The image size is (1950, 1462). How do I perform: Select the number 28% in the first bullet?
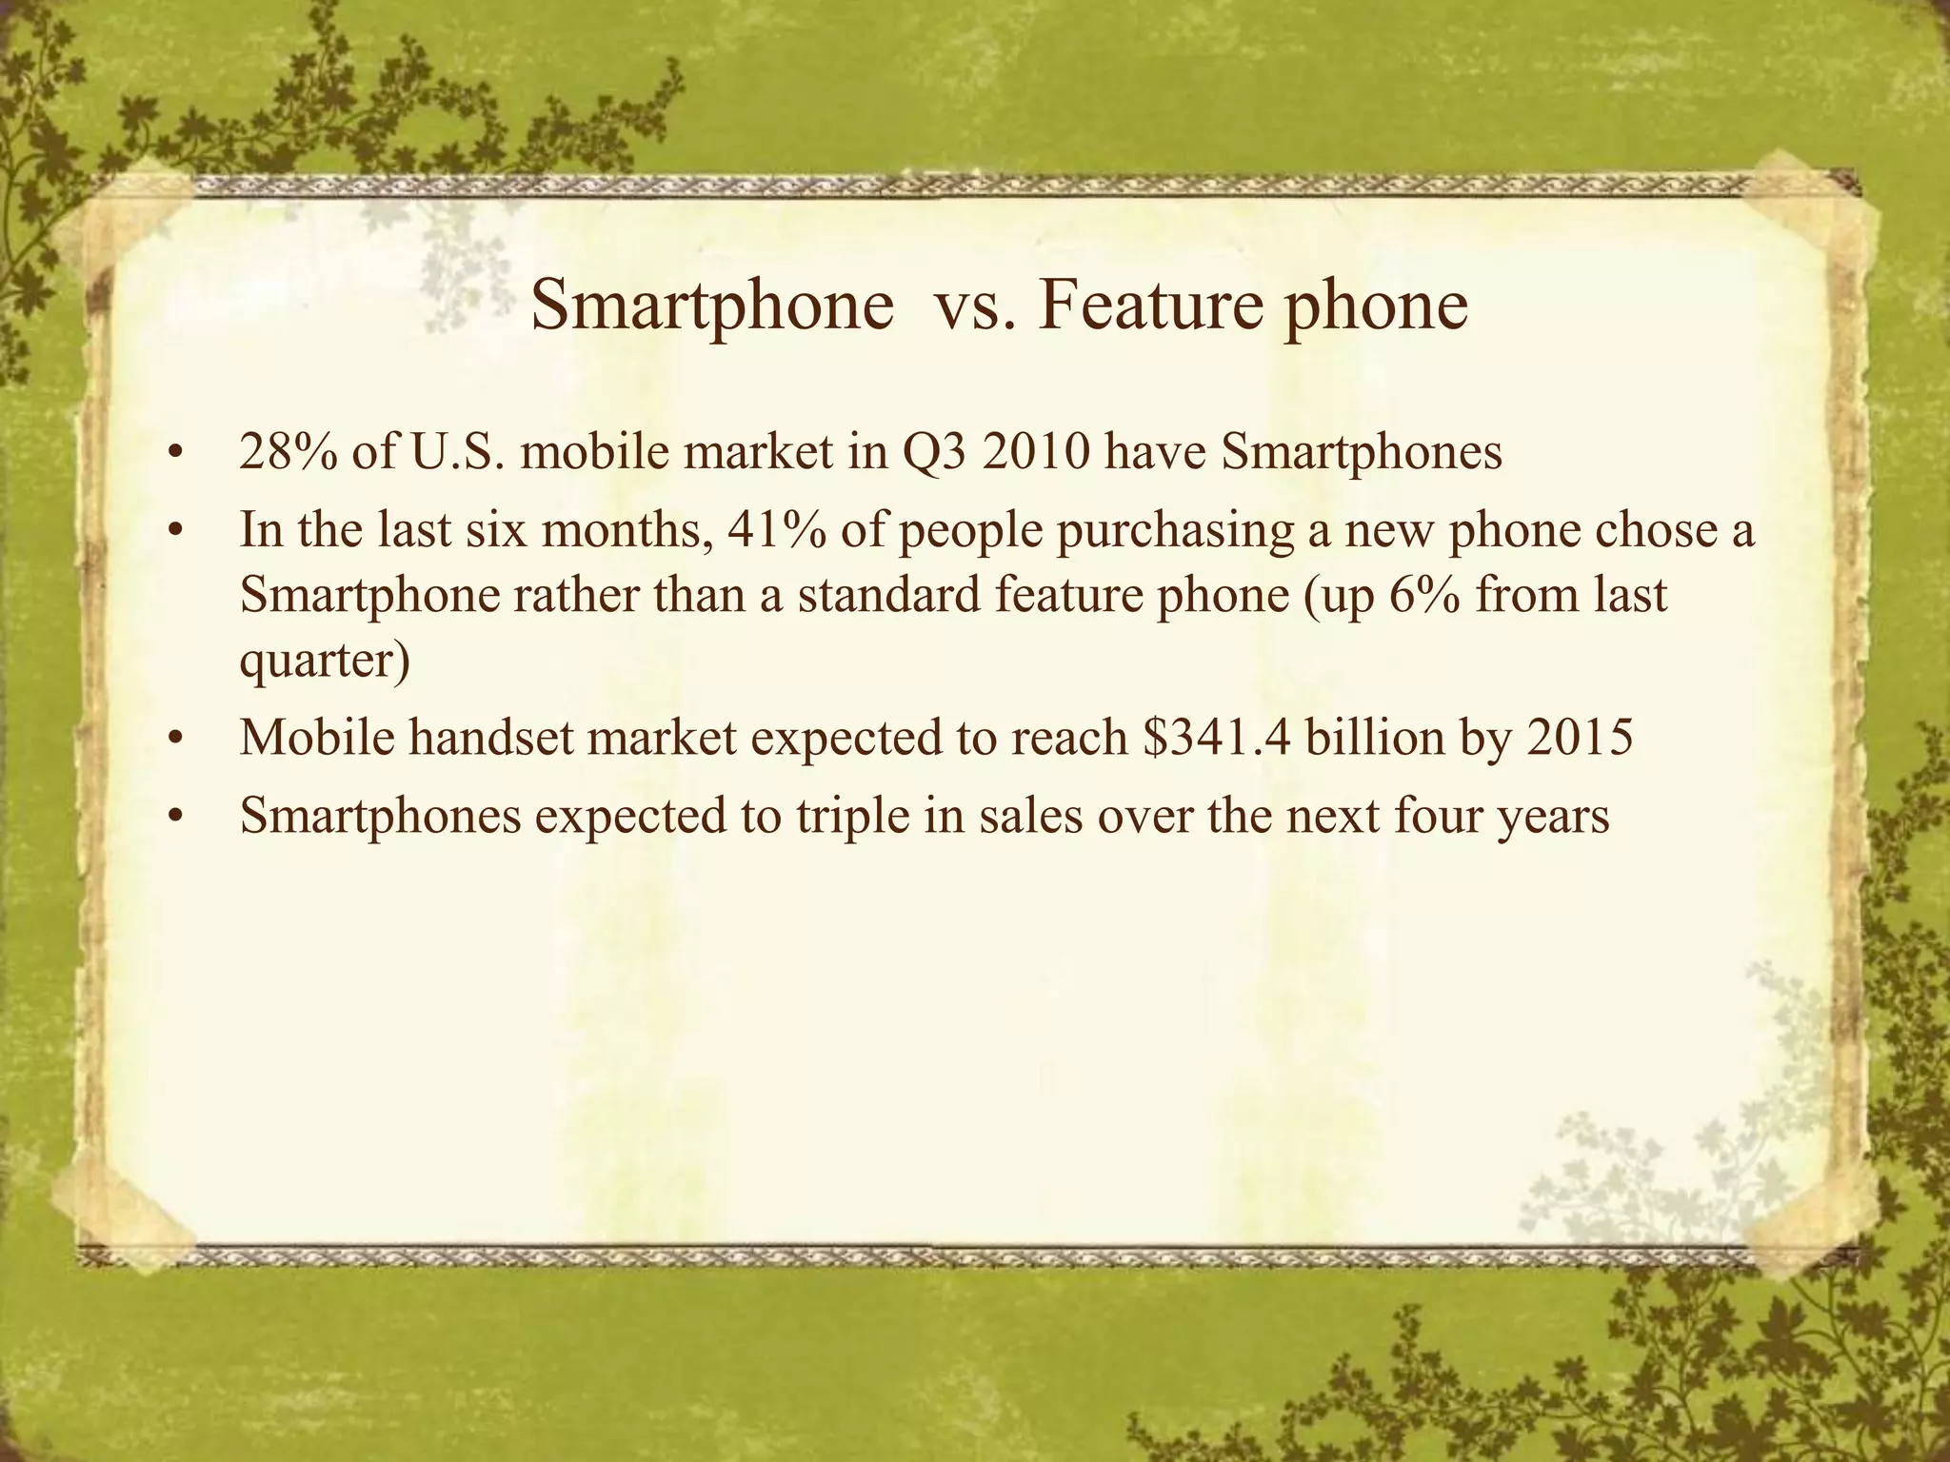pos(287,453)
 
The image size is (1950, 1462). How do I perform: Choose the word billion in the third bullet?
pos(1376,739)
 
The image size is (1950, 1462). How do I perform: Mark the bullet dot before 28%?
pos(172,455)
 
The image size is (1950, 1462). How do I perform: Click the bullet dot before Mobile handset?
pos(172,741)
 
